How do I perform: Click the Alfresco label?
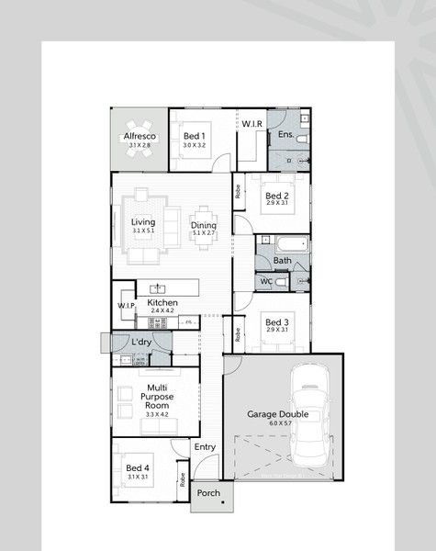pyautogui.click(x=140, y=137)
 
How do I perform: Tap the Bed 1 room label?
pyautogui.click(x=193, y=137)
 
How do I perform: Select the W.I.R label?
pyautogui.click(x=252, y=123)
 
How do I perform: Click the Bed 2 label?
pyautogui.click(x=277, y=196)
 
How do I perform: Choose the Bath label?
pyautogui.click(x=282, y=262)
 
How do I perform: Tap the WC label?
pyautogui.click(x=265, y=281)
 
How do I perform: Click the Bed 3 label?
pyautogui.click(x=277, y=322)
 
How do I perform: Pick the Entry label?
pyautogui.click(x=205, y=447)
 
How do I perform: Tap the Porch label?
pyautogui.click(x=208, y=492)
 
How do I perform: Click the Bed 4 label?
pyautogui.click(x=138, y=468)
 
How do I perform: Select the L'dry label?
pyautogui.click(x=141, y=343)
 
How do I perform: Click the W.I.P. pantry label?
pyautogui.click(x=126, y=306)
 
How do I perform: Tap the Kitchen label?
pyautogui.click(x=162, y=303)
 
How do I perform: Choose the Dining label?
pyautogui.click(x=204, y=225)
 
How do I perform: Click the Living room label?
pyautogui.click(x=142, y=222)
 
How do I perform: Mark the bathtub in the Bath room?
pyautogui.click(x=292, y=245)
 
